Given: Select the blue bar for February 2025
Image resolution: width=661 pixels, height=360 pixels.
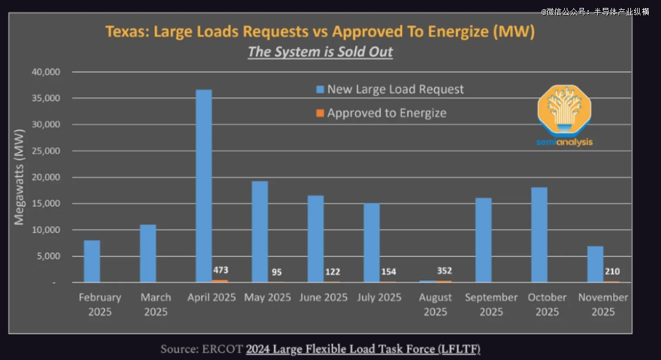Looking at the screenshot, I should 92,261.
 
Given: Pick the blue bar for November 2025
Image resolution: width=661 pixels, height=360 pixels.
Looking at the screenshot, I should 595,264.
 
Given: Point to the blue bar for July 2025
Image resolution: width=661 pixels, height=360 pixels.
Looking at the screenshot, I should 372,242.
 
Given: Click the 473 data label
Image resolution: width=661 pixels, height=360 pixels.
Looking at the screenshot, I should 220,270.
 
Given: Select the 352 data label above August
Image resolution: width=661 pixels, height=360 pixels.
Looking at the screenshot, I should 444,271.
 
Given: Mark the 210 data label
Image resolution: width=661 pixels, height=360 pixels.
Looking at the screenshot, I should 611,271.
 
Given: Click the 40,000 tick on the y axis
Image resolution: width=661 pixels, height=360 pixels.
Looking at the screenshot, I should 45,72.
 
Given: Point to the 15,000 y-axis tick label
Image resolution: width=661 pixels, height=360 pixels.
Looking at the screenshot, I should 45,204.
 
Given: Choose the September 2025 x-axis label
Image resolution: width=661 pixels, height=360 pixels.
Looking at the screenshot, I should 491,304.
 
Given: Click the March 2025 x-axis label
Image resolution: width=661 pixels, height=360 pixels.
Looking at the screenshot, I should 155,304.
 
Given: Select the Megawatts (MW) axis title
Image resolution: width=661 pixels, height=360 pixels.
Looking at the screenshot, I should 20,177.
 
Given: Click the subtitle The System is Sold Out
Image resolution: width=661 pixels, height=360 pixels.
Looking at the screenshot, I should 320,51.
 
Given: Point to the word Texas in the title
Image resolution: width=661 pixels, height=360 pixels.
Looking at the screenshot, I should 126,31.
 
